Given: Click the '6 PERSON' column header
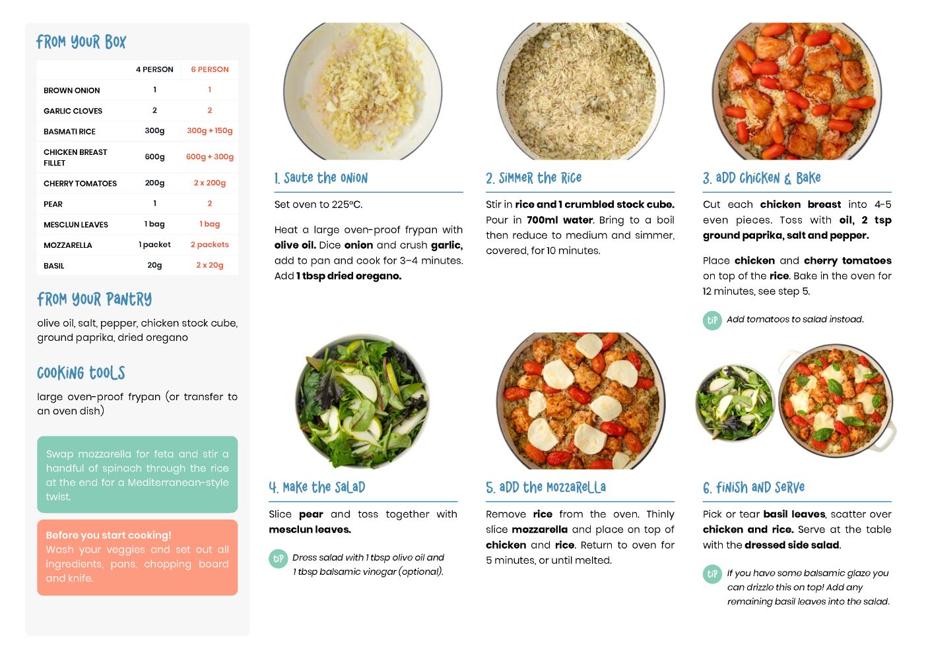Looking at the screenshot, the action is pyautogui.click(x=210, y=69).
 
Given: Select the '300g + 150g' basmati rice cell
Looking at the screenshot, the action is pyautogui.click(x=210, y=131).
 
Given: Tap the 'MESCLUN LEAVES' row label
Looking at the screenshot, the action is pyautogui.click(x=76, y=225).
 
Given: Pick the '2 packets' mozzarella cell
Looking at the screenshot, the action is pyautogui.click(x=210, y=245).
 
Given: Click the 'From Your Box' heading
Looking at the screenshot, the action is pyautogui.click(x=81, y=42).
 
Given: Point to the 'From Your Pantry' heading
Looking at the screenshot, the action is pyautogui.click(x=94, y=299).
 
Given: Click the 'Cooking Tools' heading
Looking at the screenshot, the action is pyautogui.click(x=81, y=373).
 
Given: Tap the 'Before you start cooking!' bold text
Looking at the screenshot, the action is pyautogui.click(x=108, y=535).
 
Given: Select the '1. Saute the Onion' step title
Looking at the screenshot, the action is pyautogui.click(x=321, y=178).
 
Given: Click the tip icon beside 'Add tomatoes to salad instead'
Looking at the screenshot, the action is pyautogui.click(x=712, y=320).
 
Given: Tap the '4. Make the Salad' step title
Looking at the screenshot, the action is pyautogui.click(x=317, y=487).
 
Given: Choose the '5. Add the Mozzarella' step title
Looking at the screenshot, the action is pyautogui.click(x=546, y=487).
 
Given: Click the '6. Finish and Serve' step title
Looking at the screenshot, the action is pyautogui.click(x=754, y=487).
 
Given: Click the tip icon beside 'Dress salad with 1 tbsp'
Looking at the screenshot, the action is pyautogui.click(x=279, y=558).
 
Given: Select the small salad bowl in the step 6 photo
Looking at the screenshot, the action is pyautogui.click(x=735, y=402).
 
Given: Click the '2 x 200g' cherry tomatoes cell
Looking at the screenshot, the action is pyautogui.click(x=210, y=183).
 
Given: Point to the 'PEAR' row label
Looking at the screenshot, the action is pyautogui.click(x=53, y=204).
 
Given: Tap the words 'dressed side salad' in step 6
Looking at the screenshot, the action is pyautogui.click(x=791, y=545).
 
